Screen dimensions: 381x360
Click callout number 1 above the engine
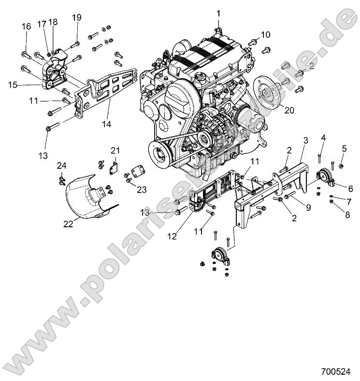point(218,13)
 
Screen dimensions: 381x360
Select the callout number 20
point(288,110)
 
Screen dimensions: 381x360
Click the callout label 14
point(106,124)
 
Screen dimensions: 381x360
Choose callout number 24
point(62,165)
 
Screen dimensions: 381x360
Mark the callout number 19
point(77,18)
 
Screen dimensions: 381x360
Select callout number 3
point(305,141)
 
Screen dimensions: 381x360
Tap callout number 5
point(344,148)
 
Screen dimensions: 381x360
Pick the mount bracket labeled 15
point(53,73)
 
